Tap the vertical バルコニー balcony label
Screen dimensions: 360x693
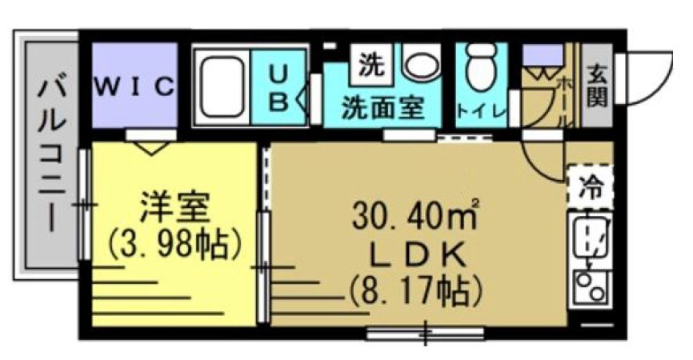(51, 152)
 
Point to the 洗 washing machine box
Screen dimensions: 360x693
(370, 65)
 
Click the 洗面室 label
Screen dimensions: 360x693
(382, 108)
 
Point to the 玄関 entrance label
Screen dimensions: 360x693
(596, 86)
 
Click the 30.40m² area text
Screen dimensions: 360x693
(416, 214)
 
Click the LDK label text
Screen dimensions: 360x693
(415, 255)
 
